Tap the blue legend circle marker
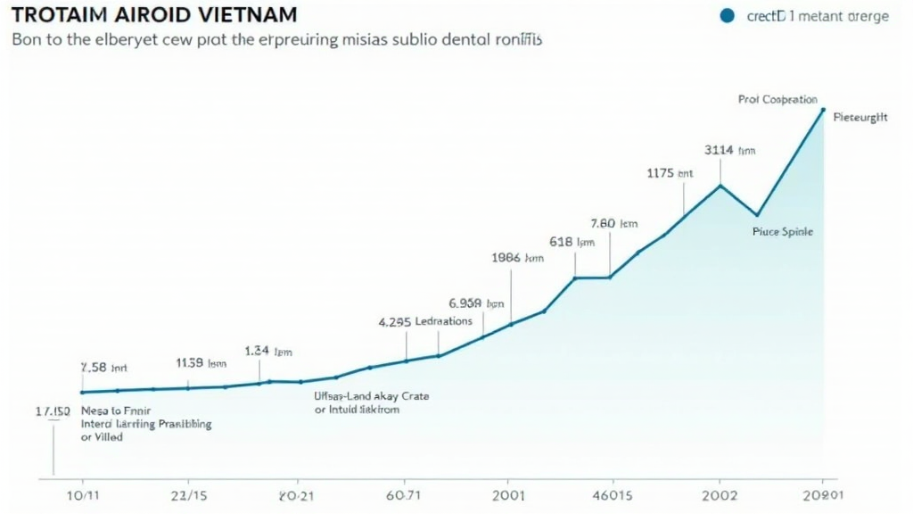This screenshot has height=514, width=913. click(726, 15)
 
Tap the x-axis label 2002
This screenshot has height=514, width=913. click(720, 493)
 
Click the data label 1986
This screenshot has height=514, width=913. click(517, 257)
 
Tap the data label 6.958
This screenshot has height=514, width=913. click(477, 303)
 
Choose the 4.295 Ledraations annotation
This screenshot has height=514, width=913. click(425, 321)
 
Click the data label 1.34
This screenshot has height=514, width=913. click(268, 351)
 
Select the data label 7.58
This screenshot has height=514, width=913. click(104, 367)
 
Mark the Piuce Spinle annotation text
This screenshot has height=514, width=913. click(783, 231)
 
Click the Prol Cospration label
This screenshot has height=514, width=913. click(777, 100)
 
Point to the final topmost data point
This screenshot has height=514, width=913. click(822, 110)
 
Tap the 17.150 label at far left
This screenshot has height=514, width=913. click(53, 411)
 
